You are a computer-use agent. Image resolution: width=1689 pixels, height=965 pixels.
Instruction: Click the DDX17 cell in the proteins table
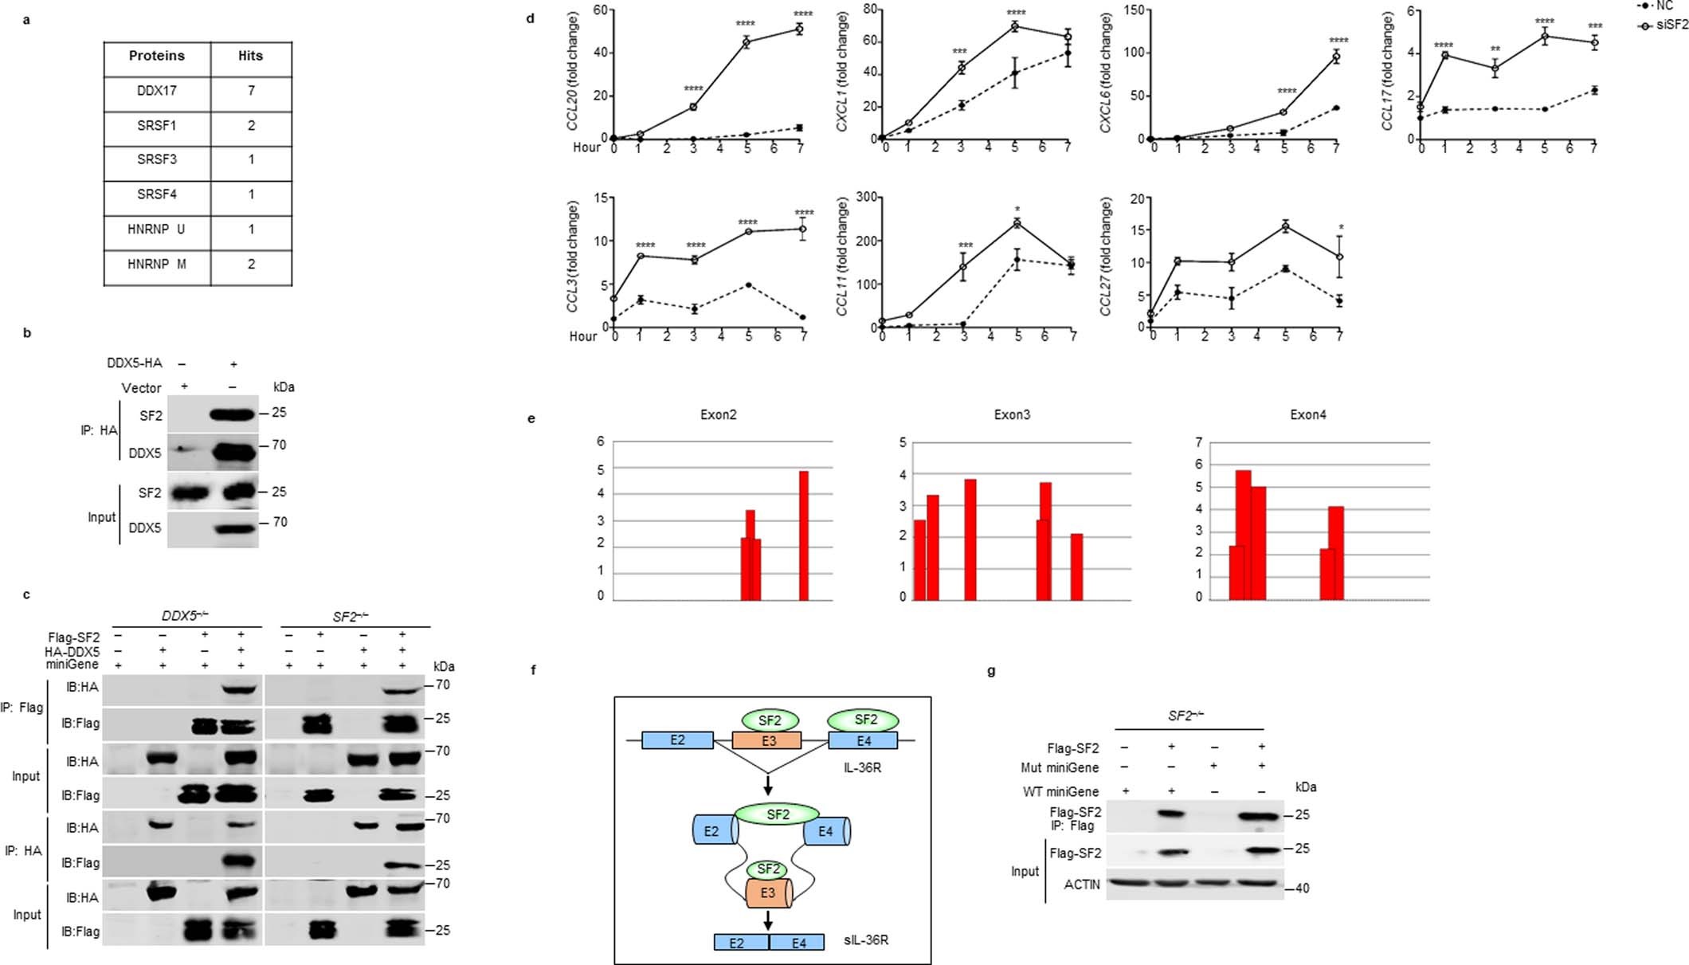pyautogui.click(x=156, y=91)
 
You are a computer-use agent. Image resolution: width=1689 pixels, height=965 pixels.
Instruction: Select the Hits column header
pyautogui.click(x=250, y=56)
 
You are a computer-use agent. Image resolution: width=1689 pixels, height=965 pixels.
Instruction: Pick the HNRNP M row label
pyautogui.click(x=156, y=264)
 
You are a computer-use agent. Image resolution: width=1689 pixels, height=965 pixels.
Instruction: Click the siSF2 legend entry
pyautogui.click(x=1671, y=25)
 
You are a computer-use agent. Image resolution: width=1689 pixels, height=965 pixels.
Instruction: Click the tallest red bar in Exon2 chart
pyautogui.click(x=803, y=535)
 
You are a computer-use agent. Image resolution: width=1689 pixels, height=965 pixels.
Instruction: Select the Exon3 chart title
pyautogui.click(x=1012, y=415)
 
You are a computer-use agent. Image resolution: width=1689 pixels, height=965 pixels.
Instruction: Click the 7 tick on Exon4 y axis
pyautogui.click(x=1199, y=442)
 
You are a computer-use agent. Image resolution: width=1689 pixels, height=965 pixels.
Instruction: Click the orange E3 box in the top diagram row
pyautogui.click(x=767, y=740)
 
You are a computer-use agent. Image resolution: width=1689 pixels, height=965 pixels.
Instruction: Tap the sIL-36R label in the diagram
pyautogui.click(x=866, y=940)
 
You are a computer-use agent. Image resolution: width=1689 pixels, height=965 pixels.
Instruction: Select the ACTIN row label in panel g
pyautogui.click(x=1081, y=885)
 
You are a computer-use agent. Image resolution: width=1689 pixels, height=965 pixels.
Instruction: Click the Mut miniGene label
pyautogui.click(x=1059, y=767)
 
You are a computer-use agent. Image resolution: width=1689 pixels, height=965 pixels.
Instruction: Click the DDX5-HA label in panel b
pyautogui.click(x=134, y=363)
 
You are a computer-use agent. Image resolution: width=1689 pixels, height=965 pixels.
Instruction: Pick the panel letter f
pyautogui.click(x=534, y=670)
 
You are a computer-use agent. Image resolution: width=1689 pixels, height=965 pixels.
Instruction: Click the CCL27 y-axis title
pyautogui.click(x=1106, y=257)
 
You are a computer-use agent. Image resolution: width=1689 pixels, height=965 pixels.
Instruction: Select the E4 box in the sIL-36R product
pyautogui.click(x=798, y=943)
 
